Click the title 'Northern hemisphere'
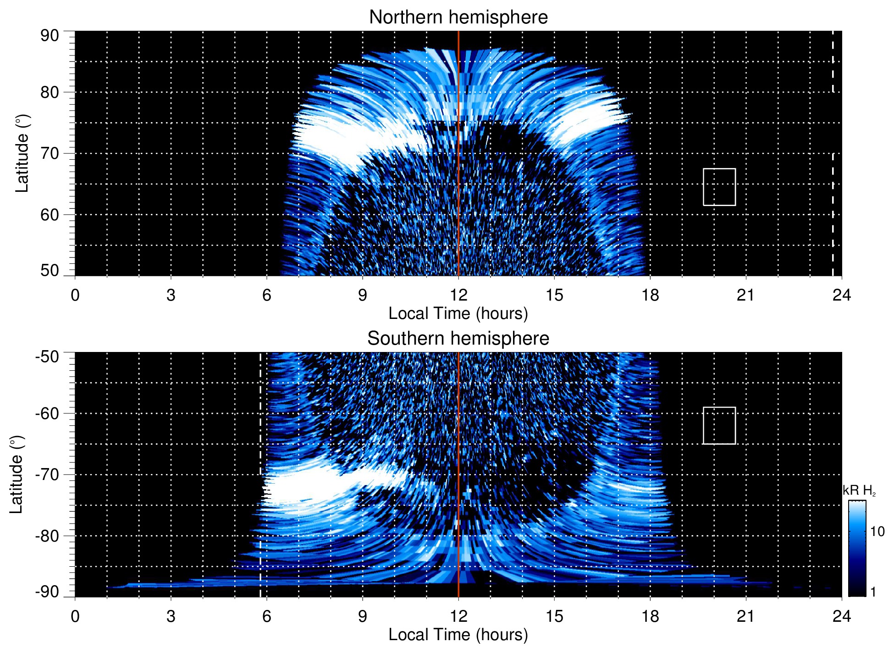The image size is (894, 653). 458,17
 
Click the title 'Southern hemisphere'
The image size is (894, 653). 458,339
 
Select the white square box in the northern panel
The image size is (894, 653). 719,187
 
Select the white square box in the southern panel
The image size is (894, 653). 719,425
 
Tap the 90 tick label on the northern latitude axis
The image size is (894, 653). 50,36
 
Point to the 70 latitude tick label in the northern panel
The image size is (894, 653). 50,153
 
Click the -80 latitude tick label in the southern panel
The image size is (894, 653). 47,536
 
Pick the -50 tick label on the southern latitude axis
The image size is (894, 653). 47,357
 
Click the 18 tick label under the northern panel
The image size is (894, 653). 650,295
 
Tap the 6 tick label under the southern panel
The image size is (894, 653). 267,616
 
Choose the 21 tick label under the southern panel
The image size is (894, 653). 746,616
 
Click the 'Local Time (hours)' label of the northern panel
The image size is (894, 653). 458,314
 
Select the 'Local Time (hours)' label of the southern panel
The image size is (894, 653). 458,635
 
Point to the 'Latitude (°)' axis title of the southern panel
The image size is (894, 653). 17,474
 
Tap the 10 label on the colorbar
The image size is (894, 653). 877,532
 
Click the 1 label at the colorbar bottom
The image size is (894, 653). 873,592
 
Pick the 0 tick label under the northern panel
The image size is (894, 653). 75,295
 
